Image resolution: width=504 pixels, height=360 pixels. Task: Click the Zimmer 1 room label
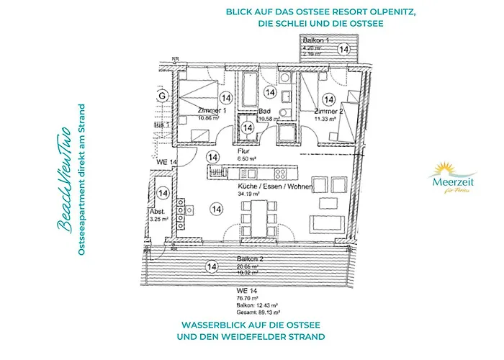click(212, 111)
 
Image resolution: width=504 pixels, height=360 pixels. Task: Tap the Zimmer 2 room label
click(329, 112)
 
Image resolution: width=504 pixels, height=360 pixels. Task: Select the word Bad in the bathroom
click(264, 112)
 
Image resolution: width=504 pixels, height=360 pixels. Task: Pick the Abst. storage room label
click(157, 211)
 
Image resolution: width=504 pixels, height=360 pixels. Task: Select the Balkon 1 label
click(315, 42)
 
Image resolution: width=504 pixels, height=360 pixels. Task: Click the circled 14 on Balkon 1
click(344, 49)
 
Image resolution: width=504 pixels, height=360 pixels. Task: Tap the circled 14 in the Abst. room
click(163, 193)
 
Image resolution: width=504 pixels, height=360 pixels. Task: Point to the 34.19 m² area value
click(248, 194)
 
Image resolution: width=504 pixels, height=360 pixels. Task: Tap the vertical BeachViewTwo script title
click(64, 180)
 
